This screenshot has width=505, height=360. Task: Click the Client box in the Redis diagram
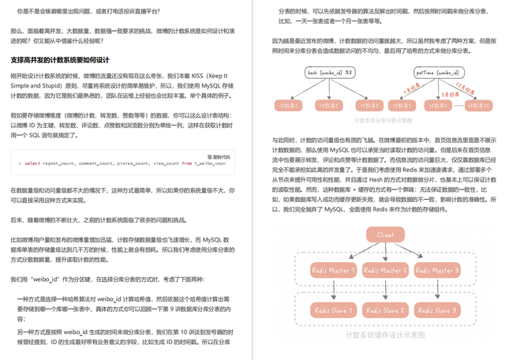pos(385,235)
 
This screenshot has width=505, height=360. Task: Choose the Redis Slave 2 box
pos(386,310)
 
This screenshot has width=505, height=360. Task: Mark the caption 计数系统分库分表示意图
pos(385,121)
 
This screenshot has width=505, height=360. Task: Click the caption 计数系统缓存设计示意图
pos(385,335)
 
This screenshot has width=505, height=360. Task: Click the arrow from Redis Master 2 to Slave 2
pos(386,291)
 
